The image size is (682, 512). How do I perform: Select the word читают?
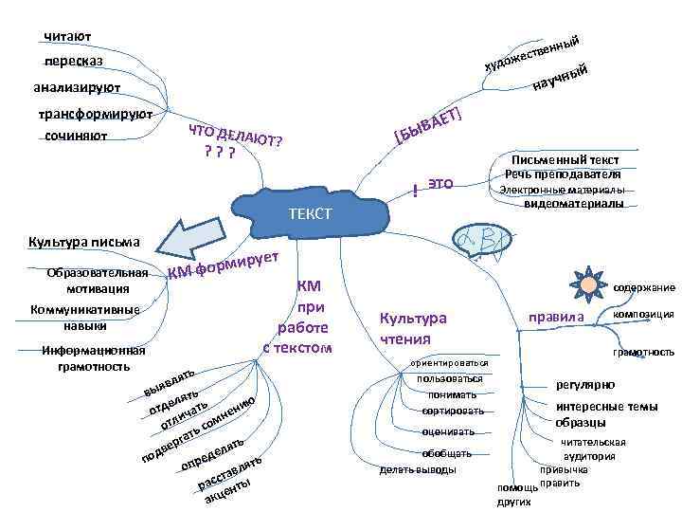[x=67, y=37]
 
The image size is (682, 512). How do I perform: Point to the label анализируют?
[x=76, y=88]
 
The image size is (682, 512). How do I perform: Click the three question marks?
[x=219, y=152]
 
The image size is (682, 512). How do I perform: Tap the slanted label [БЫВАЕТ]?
[x=429, y=128]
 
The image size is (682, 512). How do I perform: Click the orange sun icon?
[x=589, y=283]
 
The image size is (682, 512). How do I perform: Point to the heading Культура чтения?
[x=412, y=329]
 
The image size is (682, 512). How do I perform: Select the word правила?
[x=558, y=316]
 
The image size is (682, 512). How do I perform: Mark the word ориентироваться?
[x=450, y=363]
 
